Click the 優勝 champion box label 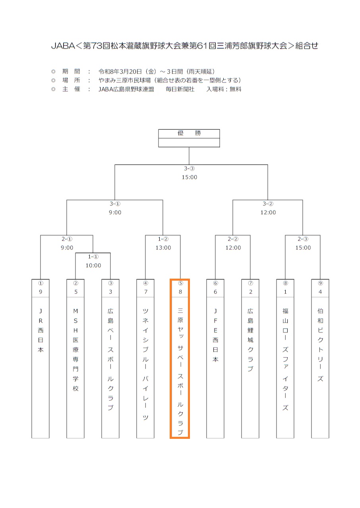click(189, 133)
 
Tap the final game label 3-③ click(189, 169)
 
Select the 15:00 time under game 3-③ click(189, 177)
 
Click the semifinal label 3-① click(115, 204)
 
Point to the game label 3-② click(268, 204)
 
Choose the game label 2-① click(67, 239)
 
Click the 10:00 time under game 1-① click(93, 266)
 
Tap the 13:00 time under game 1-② click(163, 248)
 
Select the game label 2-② click(233, 239)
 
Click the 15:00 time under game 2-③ click(303, 248)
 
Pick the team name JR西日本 click(41, 330)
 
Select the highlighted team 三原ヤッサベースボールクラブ click(180, 370)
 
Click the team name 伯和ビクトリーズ click(320, 344)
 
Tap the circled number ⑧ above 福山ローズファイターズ click(285, 283)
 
